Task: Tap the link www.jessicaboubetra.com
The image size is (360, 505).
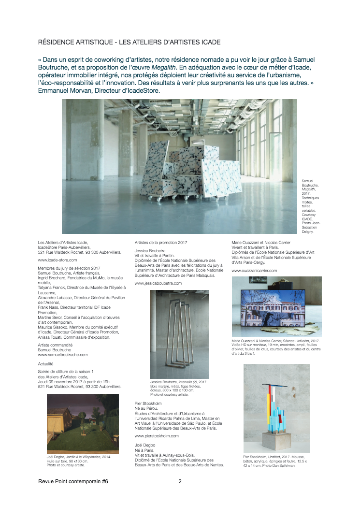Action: click(158, 283)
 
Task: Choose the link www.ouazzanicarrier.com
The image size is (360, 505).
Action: click(254, 271)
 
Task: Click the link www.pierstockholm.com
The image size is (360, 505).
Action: click(157, 435)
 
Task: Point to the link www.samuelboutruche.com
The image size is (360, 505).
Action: click(62, 354)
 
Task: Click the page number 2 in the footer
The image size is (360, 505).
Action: click(180, 481)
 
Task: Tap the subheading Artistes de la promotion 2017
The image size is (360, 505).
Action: click(160, 242)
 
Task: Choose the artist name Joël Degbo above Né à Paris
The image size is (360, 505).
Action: click(145, 444)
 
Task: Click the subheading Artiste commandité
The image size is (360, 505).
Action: click(55, 345)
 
